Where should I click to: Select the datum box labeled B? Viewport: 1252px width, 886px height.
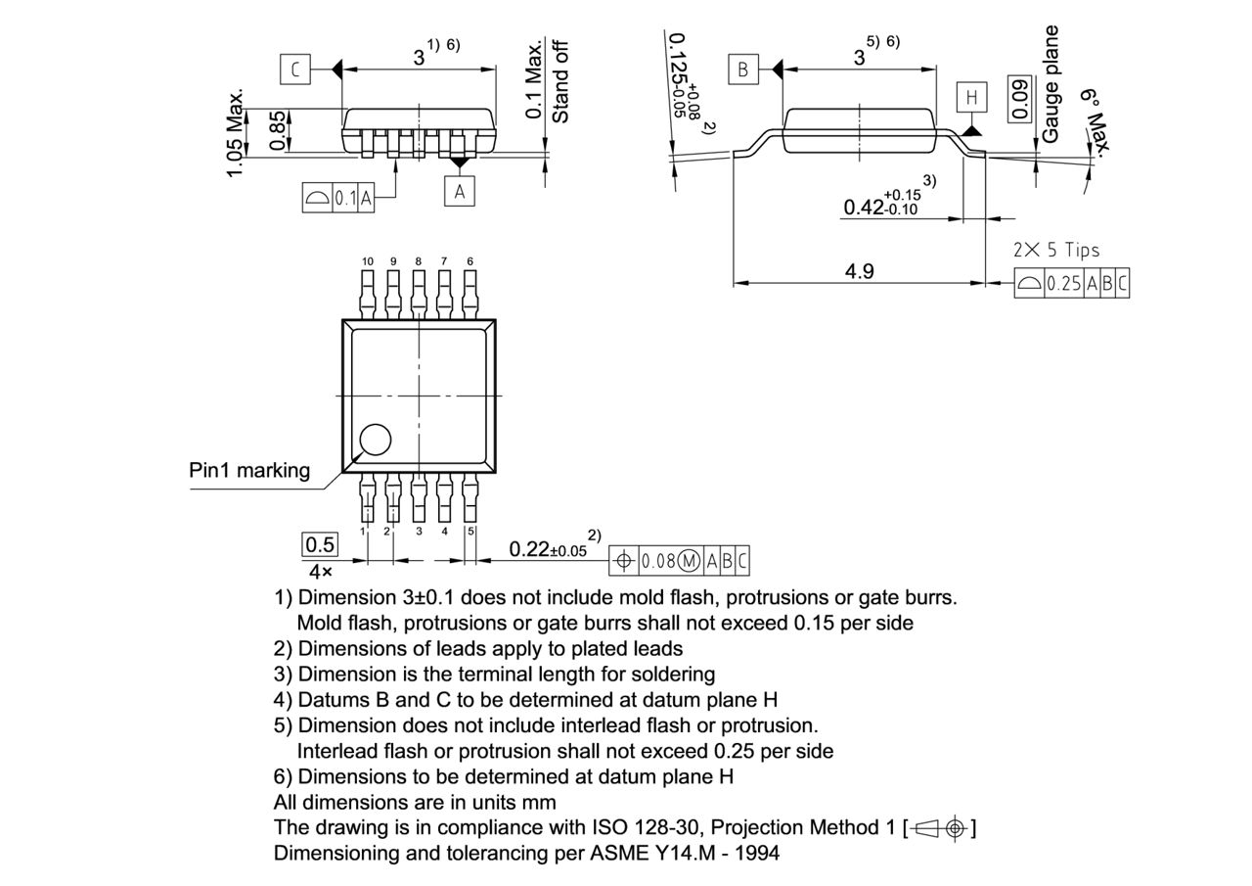click(742, 70)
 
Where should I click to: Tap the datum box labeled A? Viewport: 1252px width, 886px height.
click(459, 191)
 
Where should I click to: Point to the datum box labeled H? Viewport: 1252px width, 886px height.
click(971, 97)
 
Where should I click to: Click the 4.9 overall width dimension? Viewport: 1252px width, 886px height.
click(859, 271)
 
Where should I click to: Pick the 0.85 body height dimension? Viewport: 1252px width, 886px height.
click(278, 131)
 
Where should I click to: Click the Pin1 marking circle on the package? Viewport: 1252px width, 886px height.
click(374, 441)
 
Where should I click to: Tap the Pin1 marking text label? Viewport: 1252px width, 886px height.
click(249, 470)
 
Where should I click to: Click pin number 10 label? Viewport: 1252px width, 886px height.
click(367, 261)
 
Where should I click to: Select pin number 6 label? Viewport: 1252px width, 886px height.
click(470, 261)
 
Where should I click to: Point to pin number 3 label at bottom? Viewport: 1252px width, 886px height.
click(419, 532)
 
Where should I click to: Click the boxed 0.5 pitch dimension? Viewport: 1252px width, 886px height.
click(320, 544)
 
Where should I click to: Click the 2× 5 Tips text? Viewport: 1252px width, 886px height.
click(1055, 250)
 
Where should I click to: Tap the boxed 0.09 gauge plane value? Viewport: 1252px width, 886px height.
click(1020, 99)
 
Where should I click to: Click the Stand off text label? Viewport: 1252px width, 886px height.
click(560, 81)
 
